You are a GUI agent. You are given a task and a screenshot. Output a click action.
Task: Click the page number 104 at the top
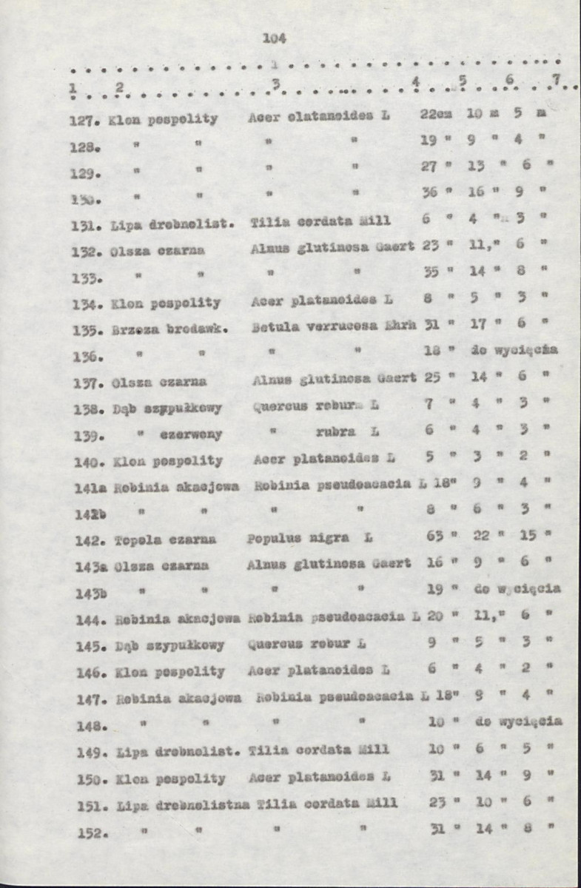pyautogui.click(x=274, y=38)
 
